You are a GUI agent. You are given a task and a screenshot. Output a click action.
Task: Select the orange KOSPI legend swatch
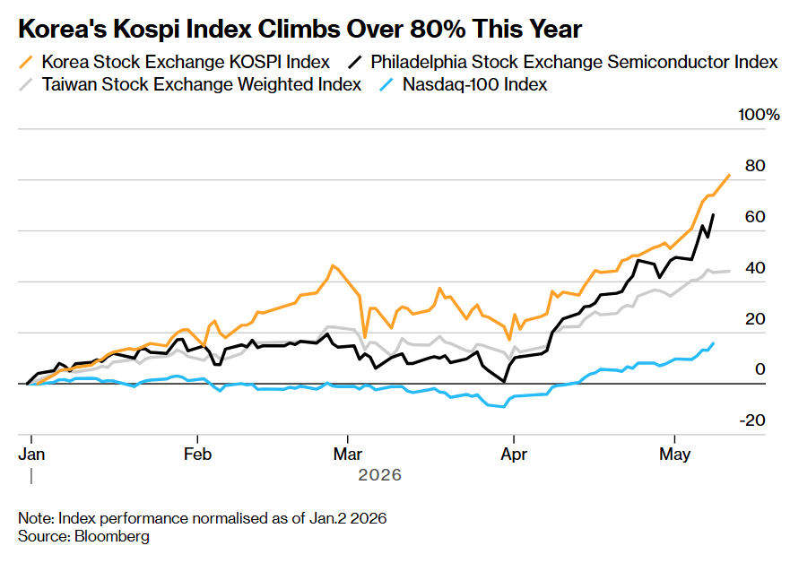(x=26, y=62)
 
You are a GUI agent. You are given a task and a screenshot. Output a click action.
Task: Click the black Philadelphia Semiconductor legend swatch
(x=355, y=62)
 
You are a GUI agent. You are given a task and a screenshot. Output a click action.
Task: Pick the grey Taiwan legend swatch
(x=26, y=84)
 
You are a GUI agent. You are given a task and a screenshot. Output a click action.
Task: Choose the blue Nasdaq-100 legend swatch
(x=386, y=84)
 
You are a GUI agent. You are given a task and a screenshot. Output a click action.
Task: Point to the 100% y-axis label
(x=759, y=115)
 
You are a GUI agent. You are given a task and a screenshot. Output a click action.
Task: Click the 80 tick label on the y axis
(x=755, y=166)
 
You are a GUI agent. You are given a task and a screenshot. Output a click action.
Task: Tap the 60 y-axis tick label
(x=755, y=217)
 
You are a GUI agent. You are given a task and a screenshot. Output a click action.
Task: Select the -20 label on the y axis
(x=752, y=420)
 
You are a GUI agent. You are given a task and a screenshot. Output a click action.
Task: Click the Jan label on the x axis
(x=31, y=455)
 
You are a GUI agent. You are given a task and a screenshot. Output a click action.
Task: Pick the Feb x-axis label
(x=197, y=455)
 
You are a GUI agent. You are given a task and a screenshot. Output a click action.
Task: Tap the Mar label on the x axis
(x=348, y=455)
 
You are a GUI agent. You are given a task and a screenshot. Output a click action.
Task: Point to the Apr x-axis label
(x=514, y=455)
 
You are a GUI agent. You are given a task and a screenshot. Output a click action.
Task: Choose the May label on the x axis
(x=674, y=455)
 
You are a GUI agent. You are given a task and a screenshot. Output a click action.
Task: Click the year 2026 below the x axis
(x=380, y=475)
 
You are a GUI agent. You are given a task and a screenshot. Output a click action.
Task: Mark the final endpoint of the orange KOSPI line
(x=729, y=175)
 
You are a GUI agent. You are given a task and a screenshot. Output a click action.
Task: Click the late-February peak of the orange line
(x=333, y=265)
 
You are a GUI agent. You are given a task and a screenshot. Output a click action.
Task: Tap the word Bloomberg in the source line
(x=112, y=536)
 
